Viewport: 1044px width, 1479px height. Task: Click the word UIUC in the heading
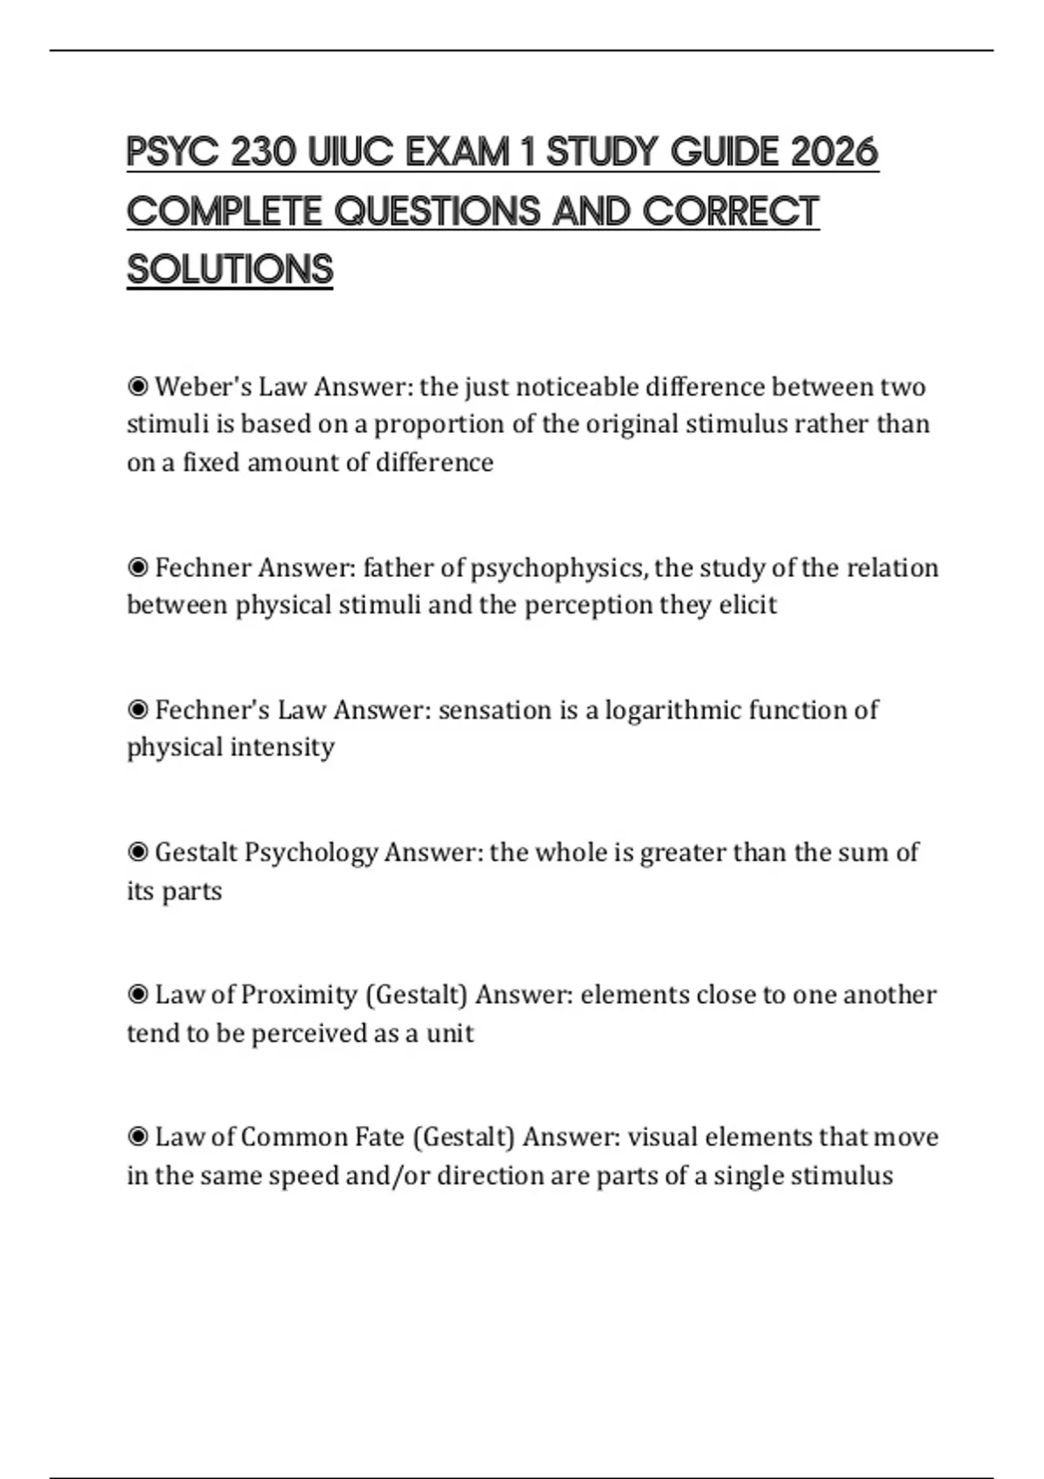click(345, 153)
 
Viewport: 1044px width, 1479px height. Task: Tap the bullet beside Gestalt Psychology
click(137, 852)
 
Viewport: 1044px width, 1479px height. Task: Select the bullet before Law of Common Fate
click(137, 1136)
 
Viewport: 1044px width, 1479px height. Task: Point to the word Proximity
click(298, 994)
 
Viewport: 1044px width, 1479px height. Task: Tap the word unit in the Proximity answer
click(450, 1034)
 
